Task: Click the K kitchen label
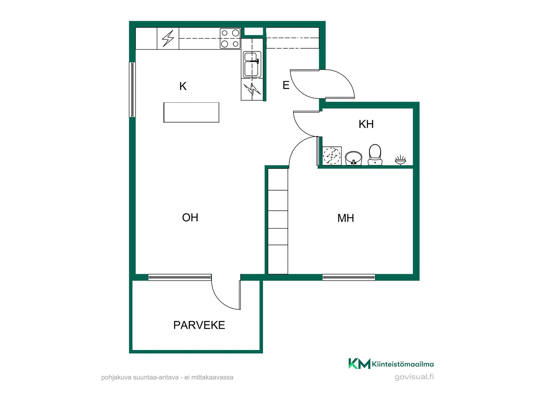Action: coord(183,86)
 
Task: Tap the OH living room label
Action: coord(190,217)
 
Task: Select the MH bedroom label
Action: coord(346,218)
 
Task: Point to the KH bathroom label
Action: coord(366,124)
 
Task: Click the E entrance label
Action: coord(286,85)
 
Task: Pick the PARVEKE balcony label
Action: coord(199,325)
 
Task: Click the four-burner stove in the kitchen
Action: coord(230,39)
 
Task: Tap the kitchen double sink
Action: coord(252,64)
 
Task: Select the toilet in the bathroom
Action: coord(375,155)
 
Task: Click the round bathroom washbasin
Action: coord(353,158)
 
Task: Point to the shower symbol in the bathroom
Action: coord(400,160)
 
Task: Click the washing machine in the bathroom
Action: coord(332,156)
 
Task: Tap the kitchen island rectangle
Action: coord(191,113)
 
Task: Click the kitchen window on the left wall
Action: coord(132,89)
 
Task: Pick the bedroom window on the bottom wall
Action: coord(349,277)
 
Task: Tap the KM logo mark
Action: coord(359,363)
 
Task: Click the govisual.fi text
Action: coord(414,377)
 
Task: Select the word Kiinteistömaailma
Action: coord(403,364)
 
